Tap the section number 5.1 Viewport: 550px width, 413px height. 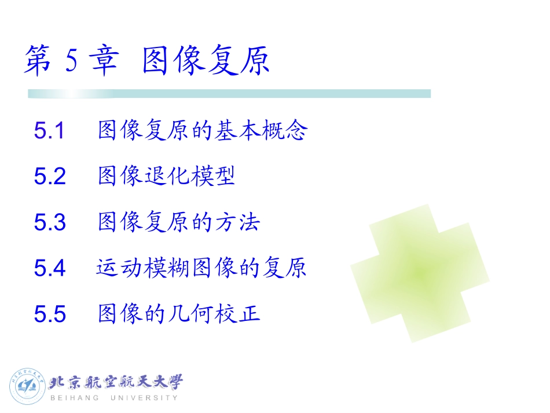tap(49, 131)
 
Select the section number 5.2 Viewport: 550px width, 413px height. tap(50, 177)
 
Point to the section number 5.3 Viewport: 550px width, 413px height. tap(50, 222)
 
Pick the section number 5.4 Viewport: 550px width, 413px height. tap(50, 268)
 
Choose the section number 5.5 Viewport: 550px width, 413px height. tap(50, 314)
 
